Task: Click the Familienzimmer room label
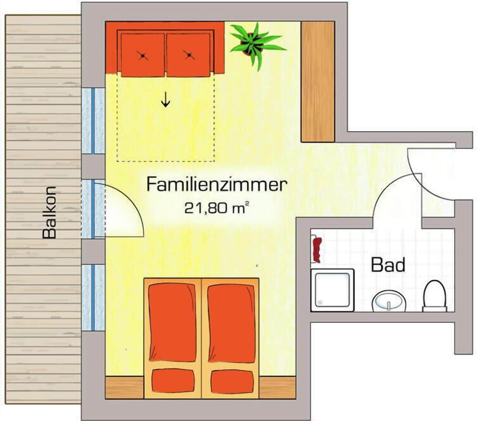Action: click(217, 185)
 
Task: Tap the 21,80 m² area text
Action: click(216, 208)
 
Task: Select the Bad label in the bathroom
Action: click(388, 265)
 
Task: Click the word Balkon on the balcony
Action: click(49, 212)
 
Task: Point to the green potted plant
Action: click(255, 44)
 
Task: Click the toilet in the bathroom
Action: click(435, 296)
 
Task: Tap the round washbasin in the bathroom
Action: click(389, 301)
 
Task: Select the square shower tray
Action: click(332, 290)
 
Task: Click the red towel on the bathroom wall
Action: click(317, 250)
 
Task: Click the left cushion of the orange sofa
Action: click(143, 55)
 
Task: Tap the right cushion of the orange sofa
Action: click(189, 55)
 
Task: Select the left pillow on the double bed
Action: click(174, 381)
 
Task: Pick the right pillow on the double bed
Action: click(233, 382)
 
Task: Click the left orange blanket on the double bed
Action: click(172, 322)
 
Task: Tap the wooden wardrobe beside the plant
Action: click(318, 82)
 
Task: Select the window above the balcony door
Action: click(93, 121)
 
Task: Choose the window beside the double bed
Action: click(93, 298)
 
